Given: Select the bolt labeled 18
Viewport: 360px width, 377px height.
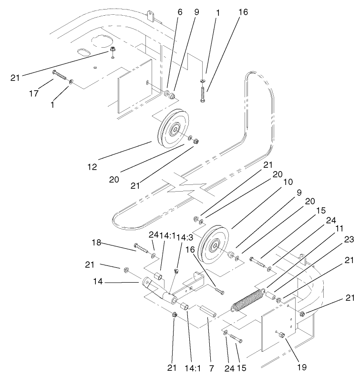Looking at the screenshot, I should click(142, 248).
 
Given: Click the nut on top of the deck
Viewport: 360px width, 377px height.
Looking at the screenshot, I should click(113, 49).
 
